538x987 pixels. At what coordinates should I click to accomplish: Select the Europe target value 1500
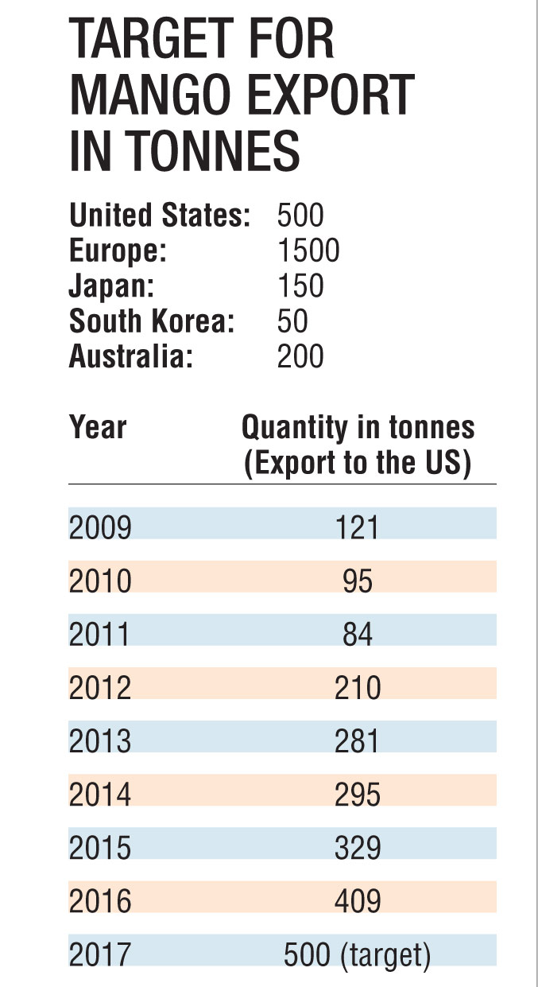click(x=308, y=251)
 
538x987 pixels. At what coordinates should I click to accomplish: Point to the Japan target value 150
click(x=300, y=286)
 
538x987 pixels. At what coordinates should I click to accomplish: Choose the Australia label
click(x=131, y=356)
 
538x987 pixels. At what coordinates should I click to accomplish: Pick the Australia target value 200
click(x=300, y=356)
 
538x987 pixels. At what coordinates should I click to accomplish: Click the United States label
click(x=160, y=216)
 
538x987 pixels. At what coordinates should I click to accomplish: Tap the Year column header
click(x=98, y=428)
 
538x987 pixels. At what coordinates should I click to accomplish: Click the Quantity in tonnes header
click(x=358, y=428)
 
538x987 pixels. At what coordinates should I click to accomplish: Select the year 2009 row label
click(x=100, y=527)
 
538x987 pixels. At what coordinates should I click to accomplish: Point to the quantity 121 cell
click(x=358, y=527)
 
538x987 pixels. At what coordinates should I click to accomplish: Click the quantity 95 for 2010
click(x=358, y=581)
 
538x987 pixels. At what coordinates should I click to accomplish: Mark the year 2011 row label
click(x=100, y=634)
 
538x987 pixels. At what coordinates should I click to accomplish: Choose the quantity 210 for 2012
click(x=358, y=687)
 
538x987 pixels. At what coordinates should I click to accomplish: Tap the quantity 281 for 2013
click(x=358, y=740)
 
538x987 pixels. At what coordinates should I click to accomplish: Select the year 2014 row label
click(x=100, y=794)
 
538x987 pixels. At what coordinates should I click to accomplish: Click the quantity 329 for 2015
click(x=358, y=847)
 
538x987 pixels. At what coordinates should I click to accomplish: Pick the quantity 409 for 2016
click(x=358, y=900)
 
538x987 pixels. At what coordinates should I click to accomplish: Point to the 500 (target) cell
click(x=358, y=954)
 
